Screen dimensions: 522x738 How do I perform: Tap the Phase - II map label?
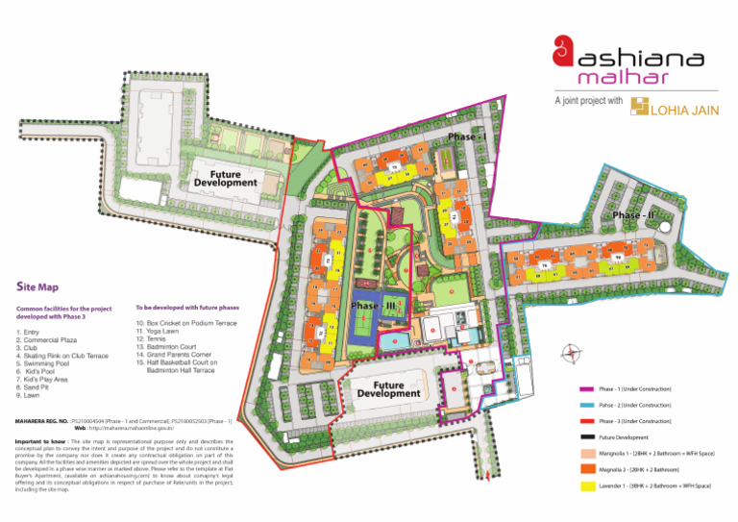click(633, 215)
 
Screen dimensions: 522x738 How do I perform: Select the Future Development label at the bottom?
click(389, 389)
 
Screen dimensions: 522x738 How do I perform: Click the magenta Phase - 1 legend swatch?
click(587, 389)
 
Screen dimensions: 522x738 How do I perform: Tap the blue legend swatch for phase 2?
click(587, 405)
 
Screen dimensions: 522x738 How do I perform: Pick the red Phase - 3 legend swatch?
click(587, 421)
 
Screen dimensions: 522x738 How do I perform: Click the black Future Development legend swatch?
click(587, 437)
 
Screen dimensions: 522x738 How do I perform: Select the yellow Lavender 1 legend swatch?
click(587, 487)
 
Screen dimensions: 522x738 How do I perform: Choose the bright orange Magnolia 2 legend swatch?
click(587, 469)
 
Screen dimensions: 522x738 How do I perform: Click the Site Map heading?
click(37, 286)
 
